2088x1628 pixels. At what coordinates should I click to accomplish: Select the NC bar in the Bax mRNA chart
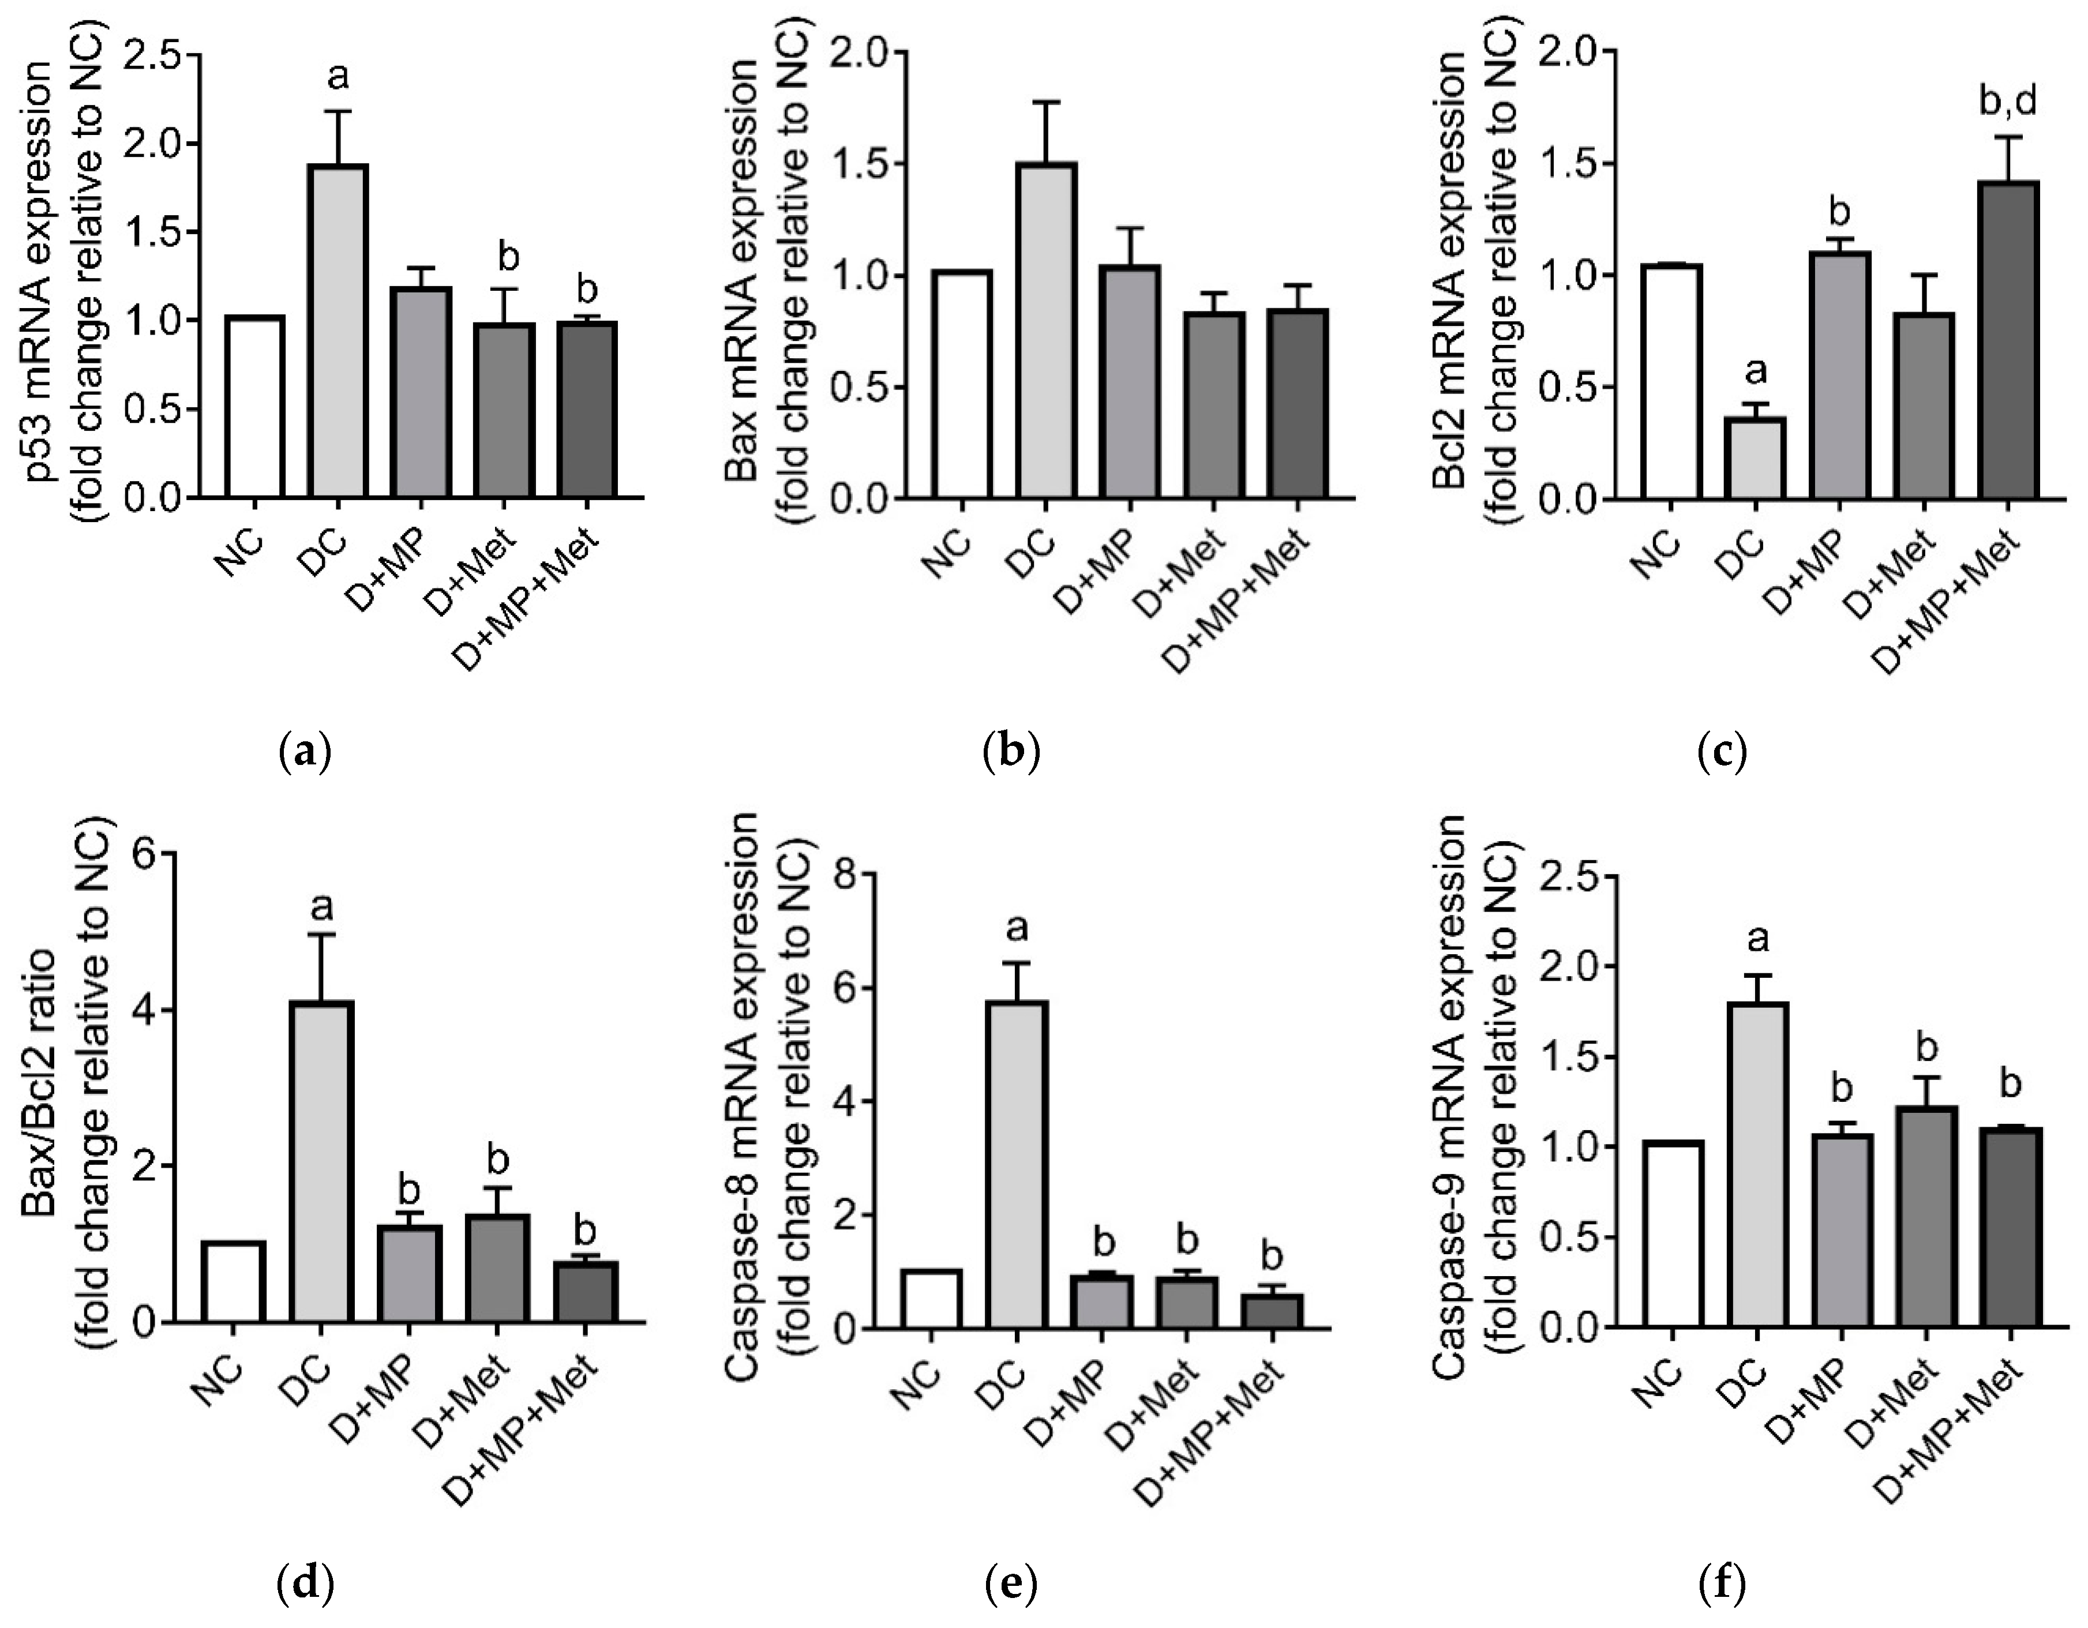coord(963,384)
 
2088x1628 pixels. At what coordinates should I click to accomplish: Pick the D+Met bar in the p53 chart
coord(507,410)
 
